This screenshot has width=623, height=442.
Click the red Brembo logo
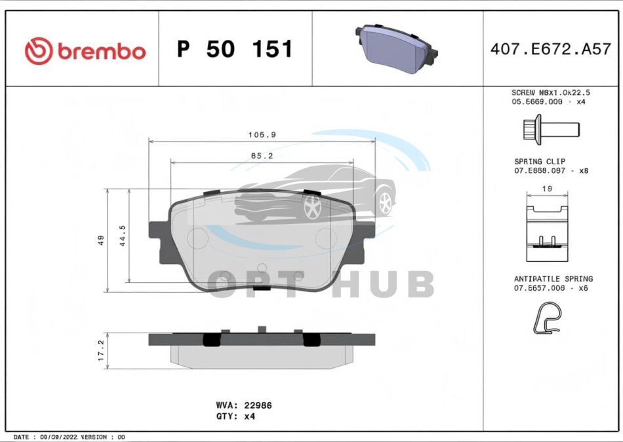(85, 51)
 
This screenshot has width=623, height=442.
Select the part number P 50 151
(235, 49)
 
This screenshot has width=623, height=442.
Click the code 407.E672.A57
(550, 49)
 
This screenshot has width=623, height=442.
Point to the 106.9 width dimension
(262, 135)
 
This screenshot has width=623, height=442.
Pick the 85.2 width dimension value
(262, 157)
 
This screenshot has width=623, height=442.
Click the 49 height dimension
(101, 240)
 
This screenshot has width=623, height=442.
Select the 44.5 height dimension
(123, 236)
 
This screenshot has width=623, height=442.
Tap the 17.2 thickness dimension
(101, 350)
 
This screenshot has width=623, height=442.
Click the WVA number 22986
(258, 405)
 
